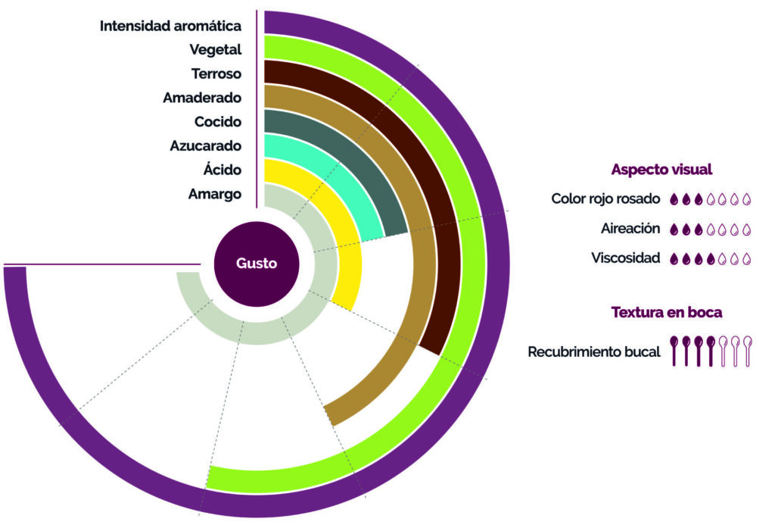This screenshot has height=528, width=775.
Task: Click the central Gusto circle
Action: coord(257,264)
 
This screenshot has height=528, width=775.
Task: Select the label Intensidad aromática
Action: coord(170,26)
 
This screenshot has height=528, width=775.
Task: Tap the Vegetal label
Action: coord(216,50)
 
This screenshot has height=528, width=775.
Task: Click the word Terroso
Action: coord(216,73)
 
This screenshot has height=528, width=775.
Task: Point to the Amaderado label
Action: coord(202,98)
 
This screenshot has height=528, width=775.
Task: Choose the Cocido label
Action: coord(218,122)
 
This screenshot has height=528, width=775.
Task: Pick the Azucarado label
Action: coord(206,145)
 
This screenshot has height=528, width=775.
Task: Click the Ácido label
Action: coord(223,169)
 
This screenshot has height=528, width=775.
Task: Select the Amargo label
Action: coord(215,194)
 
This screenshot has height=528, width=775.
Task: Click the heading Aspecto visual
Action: coord(661,170)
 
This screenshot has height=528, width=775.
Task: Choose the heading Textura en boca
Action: coord(667,312)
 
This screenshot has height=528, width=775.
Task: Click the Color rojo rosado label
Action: coord(605,199)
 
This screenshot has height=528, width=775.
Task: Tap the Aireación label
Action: coord(630,229)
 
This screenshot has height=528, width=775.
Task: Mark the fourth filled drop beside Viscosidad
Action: coord(711,259)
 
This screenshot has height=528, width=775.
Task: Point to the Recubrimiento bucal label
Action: coord(594,351)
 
